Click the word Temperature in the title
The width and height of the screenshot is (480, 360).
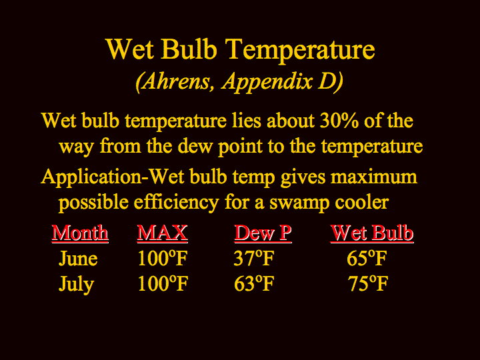pos(300,51)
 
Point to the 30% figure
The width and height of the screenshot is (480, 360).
pos(339,121)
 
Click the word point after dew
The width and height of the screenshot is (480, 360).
pos(240,147)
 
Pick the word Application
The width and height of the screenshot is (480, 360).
pos(91,177)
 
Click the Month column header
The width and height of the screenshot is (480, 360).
pos(80,233)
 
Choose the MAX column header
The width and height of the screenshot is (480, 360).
pos(162,233)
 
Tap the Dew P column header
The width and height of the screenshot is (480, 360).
pos(263,233)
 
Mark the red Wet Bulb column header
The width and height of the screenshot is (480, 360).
pos(372,233)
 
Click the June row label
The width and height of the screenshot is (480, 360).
pos(78,259)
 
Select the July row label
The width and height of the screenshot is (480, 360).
pos(76,285)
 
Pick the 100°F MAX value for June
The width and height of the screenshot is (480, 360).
pos(163,259)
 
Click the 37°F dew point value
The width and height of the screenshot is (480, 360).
pos(254,259)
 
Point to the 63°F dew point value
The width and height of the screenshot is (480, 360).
pos(254,284)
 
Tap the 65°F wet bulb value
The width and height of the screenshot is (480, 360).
pos(367,259)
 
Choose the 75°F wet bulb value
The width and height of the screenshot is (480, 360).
pos(367,284)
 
